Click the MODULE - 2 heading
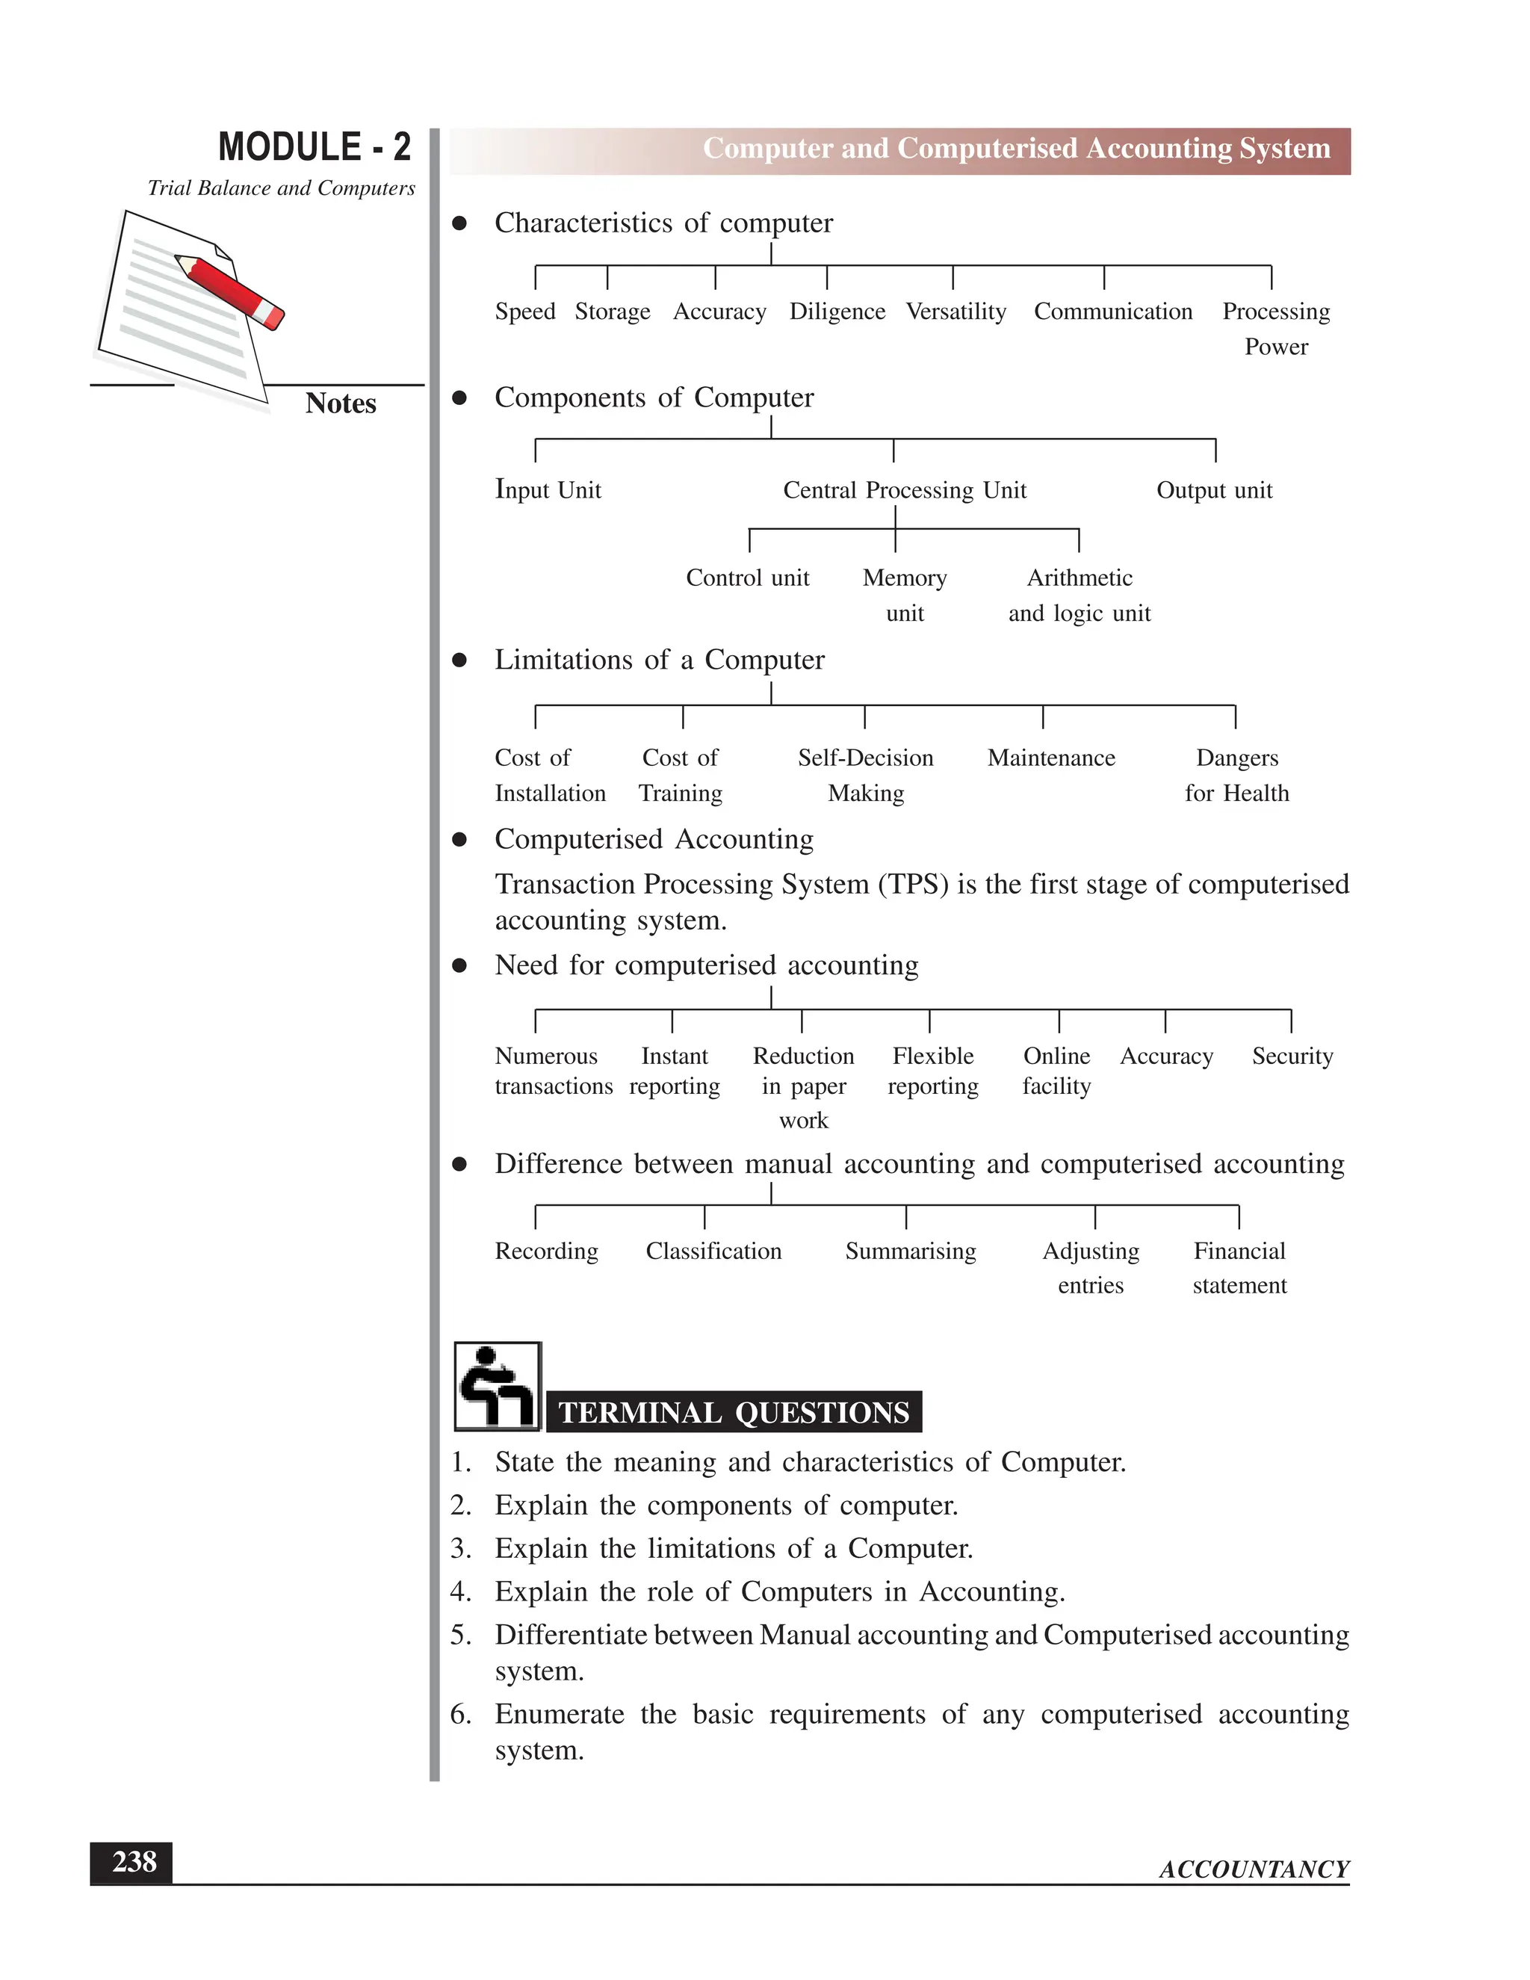coord(314,148)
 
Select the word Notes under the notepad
coord(340,403)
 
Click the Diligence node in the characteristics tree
coord(837,311)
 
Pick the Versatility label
coord(956,311)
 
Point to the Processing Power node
coord(1275,328)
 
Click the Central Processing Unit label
coord(904,489)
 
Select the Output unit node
coord(1214,489)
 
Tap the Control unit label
coord(747,578)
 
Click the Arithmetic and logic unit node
coord(1079,595)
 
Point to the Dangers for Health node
coord(1236,774)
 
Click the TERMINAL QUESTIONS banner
coord(734,1411)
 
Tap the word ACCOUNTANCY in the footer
coord(1254,1869)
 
